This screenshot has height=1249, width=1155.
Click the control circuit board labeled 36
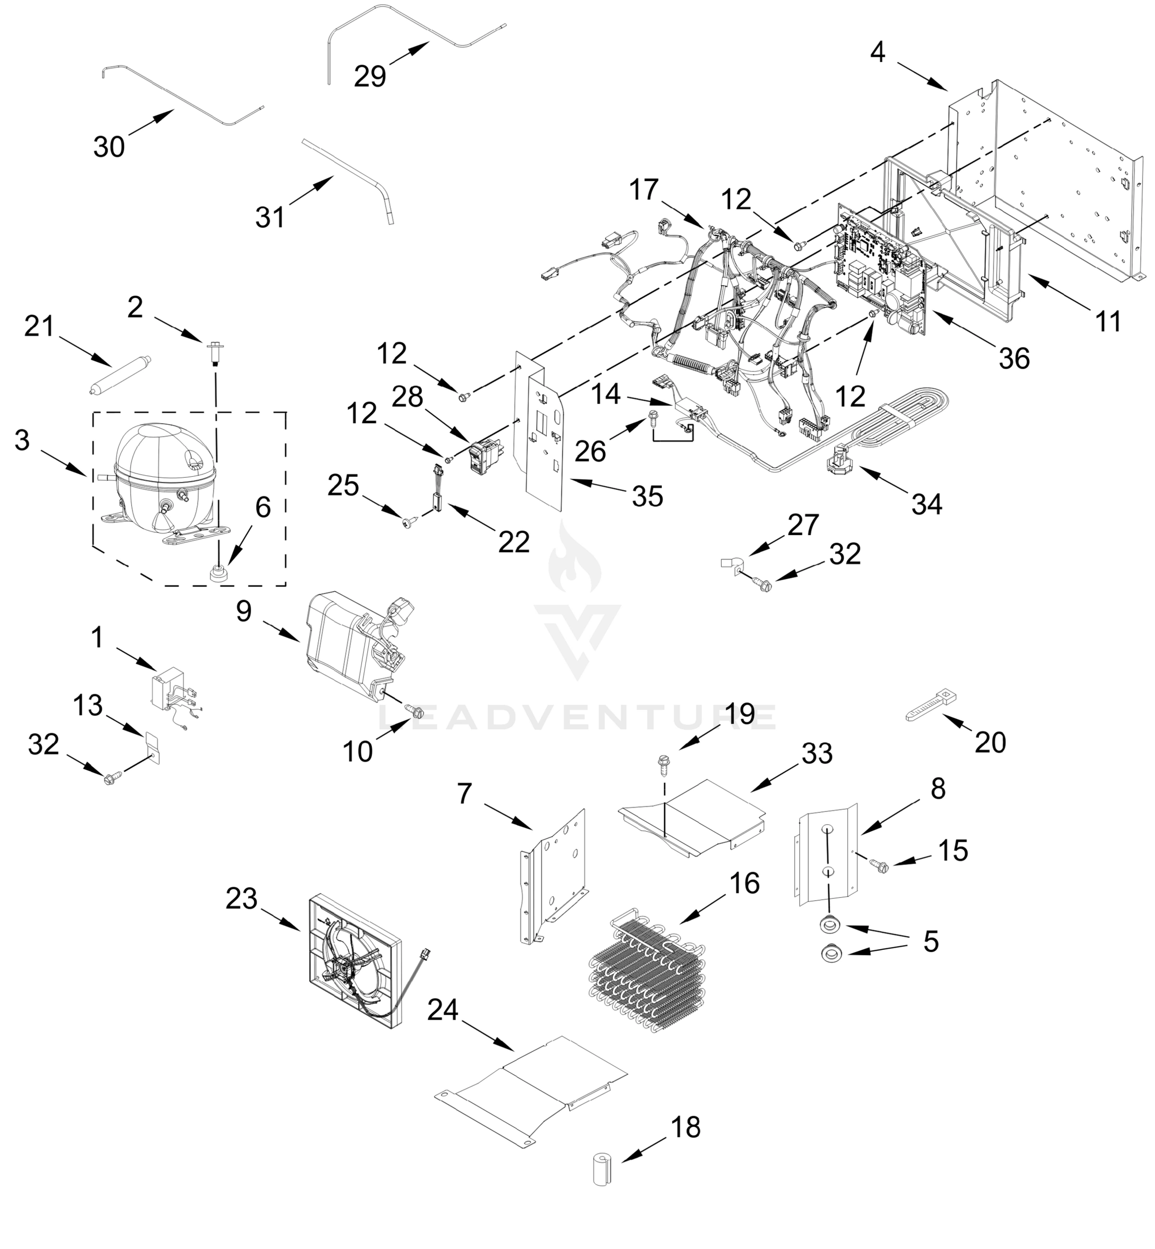[x=881, y=272]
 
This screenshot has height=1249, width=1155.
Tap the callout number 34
[x=926, y=504]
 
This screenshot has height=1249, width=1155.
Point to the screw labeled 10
[x=412, y=710]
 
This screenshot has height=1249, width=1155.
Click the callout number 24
[x=443, y=1010]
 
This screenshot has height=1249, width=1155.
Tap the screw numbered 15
[x=879, y=865]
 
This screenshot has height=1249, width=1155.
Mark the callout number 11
[x=1108, y=322]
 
